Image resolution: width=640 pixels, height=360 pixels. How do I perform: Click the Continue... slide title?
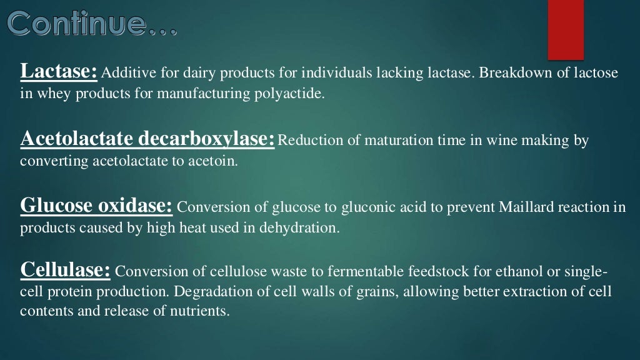(92, 24)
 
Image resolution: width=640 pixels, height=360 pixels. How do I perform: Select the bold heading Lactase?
(59, 72)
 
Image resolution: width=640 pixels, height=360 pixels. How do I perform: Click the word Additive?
(125, 74)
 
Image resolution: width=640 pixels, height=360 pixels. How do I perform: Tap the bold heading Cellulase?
(66, 270)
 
